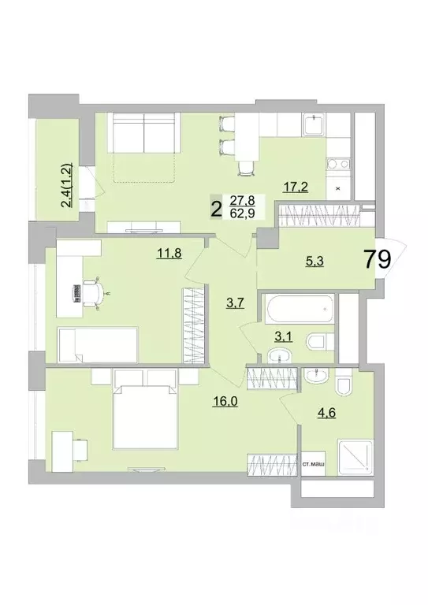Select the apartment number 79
pyautogui.click(x=376, y=259)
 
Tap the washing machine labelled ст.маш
pyautogui.click(x=314, y=466)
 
